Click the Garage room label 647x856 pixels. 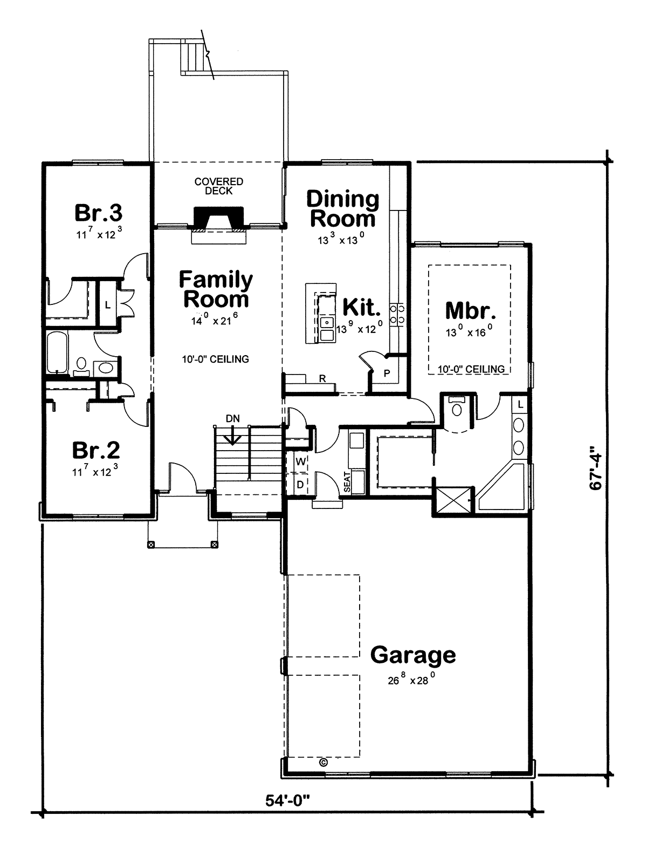(x=413, y=655)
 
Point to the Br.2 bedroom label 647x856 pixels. (x=97, y=450)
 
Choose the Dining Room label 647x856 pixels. (x=343, y=209)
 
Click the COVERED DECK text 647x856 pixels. (x=219, y=186)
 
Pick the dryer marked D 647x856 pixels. (x=300, y=485)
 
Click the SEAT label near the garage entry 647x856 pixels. (x=347, y=483)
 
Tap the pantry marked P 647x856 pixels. (x=387, y=373)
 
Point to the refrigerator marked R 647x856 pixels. (x=322, y=379)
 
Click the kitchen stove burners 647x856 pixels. (x=397, y=314)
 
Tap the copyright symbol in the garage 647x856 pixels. (x=323, y=763)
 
